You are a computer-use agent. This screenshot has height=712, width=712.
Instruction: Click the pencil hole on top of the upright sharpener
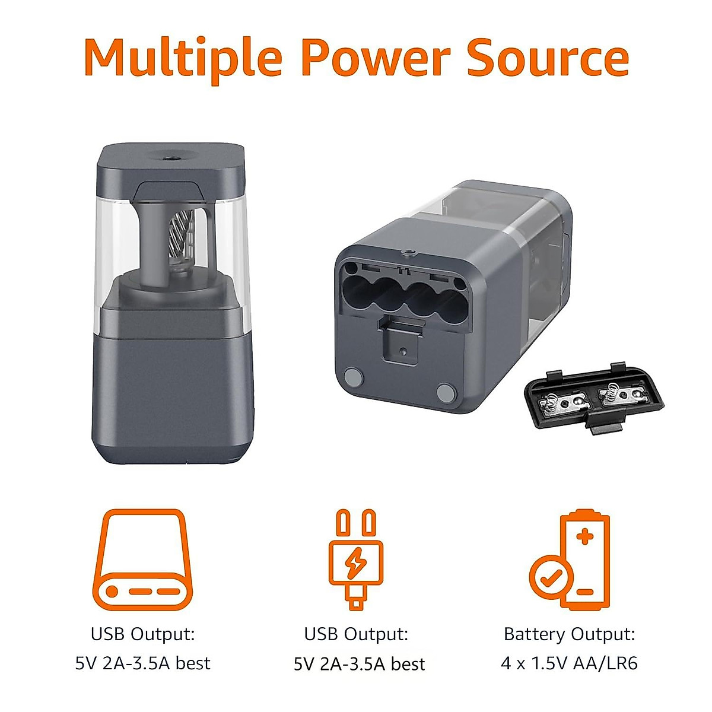(172, 158)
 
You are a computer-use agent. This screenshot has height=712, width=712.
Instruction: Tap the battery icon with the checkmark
(570, 561)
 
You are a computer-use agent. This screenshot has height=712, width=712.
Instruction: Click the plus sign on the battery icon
(585, 537)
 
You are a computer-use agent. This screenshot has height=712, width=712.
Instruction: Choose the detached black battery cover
(593, 396)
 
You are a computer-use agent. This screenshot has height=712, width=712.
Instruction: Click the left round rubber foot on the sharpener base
(354, 377)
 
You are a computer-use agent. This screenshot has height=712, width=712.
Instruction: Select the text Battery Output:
(569, 634)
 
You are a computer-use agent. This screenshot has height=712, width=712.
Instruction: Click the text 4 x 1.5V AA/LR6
(569, 663)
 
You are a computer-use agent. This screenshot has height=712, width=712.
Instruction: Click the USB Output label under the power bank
(142, 634)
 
